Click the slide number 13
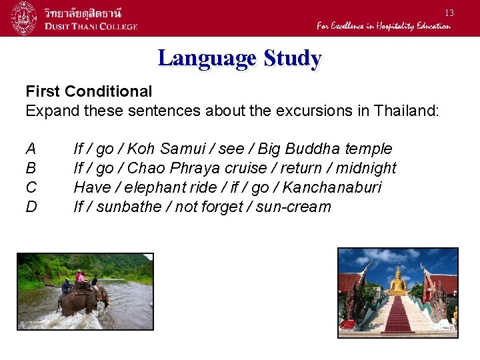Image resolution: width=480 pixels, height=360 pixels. pos(449,13)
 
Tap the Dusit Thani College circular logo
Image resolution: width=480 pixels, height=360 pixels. pos(23,18)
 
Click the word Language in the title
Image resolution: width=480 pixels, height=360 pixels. pos(207,59)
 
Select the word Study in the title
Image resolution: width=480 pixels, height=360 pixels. pos(292,59)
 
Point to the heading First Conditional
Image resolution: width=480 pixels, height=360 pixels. pos(89,91)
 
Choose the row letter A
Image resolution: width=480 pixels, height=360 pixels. pos(31,149)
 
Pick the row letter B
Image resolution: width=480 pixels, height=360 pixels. pos(31,168)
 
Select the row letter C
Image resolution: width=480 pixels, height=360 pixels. pos(31,187)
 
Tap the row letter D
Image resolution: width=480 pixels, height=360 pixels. pos(31,207)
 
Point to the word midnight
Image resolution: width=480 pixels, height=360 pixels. pos(366,168)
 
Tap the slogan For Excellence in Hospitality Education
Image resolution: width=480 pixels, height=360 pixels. pos(383,26)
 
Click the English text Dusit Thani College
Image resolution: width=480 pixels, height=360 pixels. pos(91,26)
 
